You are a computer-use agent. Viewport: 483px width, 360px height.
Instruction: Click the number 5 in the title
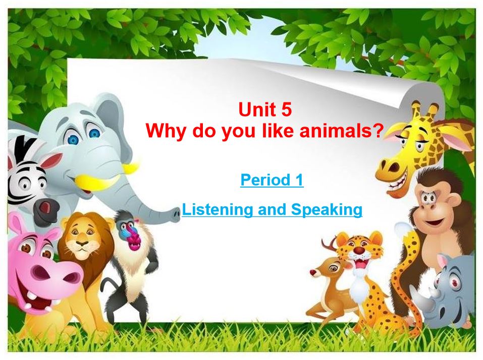286,109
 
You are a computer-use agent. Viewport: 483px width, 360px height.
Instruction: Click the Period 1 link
272,180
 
